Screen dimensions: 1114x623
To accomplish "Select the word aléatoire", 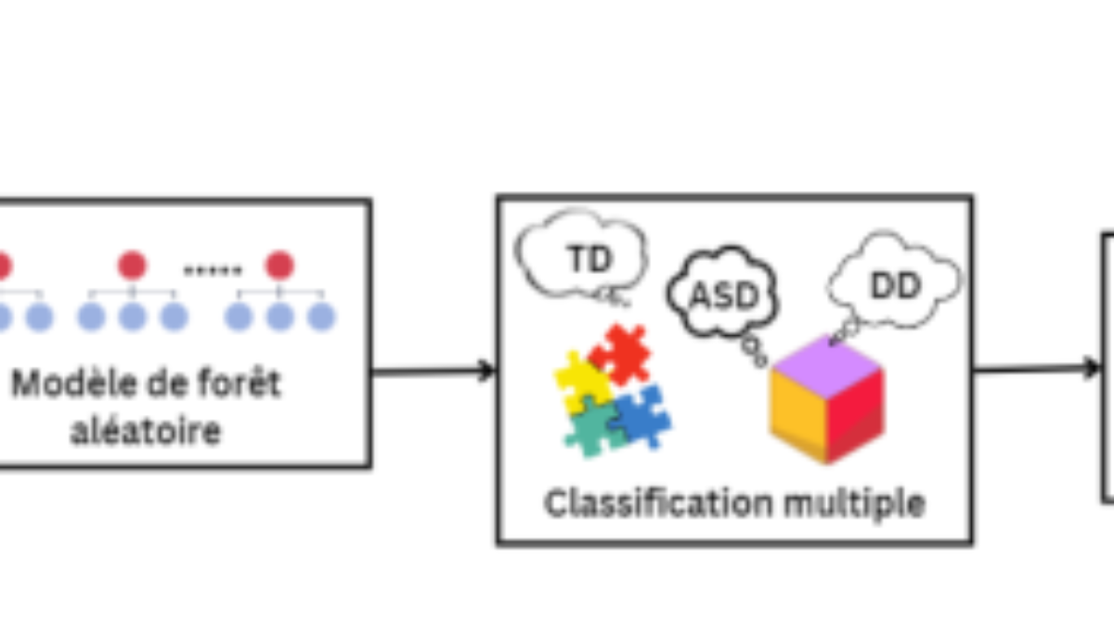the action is tap(146, 430).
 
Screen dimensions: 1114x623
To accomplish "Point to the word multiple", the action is tap(854, 504).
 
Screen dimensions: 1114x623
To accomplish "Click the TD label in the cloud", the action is tap(589, 258).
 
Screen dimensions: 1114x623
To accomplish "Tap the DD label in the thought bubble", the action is tap(895, 285).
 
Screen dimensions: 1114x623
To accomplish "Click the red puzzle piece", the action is tap(621, 354).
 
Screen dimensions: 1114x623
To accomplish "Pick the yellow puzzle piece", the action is tap(582, 382).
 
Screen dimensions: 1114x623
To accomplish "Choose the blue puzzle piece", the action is tap(641, 416).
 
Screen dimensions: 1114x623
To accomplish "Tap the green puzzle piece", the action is tap(593, 427).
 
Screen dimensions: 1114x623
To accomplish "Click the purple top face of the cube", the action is tap(826, 367).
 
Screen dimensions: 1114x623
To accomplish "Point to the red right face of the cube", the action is tap(855, 416).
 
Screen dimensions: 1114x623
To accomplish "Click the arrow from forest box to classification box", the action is tap(434, 370).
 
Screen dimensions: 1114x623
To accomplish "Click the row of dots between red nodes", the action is tap(213, 270).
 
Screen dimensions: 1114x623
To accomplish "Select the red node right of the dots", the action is tap(279, 265).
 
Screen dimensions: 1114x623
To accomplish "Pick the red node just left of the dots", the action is tap(132, 265).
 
